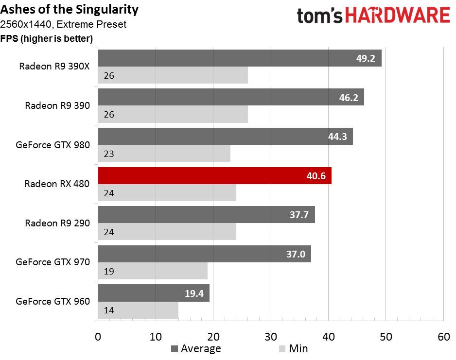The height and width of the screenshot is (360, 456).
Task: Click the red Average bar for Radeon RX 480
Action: click(x=214, y=176)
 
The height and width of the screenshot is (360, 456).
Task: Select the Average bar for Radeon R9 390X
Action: click(x=240, y=58)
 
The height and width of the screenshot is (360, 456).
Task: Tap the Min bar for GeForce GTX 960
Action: click(x=138, y=310)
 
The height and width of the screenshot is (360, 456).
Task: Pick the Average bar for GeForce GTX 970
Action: click(x=204, y=254)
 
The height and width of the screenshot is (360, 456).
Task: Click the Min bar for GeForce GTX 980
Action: click(x=164, y=154)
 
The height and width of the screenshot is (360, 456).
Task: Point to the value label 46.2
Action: click(x=349, y=98)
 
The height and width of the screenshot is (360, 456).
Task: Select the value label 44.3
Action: click(x=337, y=137)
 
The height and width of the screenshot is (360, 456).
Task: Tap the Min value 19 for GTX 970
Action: click(x=108, y=272)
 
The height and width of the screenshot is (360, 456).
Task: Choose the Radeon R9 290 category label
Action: click(x=57, y=223)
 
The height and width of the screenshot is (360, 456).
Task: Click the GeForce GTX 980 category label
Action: click(x=53, y=145)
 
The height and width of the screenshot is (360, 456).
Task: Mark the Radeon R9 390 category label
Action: click(x=57, y=105)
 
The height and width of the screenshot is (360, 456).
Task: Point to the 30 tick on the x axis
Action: click(x=271, y=337)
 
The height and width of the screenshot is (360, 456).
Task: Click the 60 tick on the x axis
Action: click(x=443, y=337)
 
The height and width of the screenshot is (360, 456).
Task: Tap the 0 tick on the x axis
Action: click(x=98, y=337)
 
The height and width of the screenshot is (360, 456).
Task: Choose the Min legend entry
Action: click(x=298, y=348)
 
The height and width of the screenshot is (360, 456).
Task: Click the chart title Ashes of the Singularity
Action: click(x=70, y=9)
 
